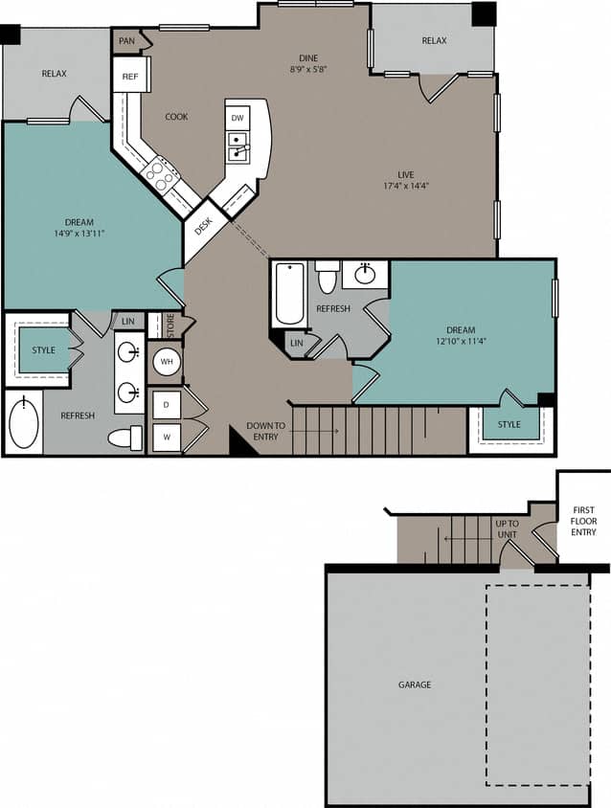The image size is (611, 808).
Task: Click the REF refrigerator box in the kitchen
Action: [130, 75]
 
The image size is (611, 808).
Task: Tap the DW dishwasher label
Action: [238, 117]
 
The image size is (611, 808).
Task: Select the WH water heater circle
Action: [165, 363]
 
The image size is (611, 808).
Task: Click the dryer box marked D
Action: [166, 405]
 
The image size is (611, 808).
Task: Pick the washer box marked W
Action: [166, 438]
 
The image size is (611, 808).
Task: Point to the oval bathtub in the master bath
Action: [24, 423]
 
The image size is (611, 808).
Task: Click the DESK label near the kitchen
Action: [204, 227]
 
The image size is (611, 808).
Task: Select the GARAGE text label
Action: [415, 685]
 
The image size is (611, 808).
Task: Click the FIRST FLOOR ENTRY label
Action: [583, 520]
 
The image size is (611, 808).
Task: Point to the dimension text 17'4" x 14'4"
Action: [406, 186]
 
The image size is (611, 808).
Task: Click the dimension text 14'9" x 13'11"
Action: [86, 233]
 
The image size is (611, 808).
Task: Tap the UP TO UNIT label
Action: [506, 528]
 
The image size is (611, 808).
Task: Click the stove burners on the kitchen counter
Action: [161, 175]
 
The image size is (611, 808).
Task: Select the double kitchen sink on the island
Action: [238, 147]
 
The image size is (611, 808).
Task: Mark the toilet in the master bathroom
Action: [124, 438]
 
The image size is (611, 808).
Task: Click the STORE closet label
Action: [170, 325]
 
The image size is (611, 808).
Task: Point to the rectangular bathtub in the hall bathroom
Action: [289, 294]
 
